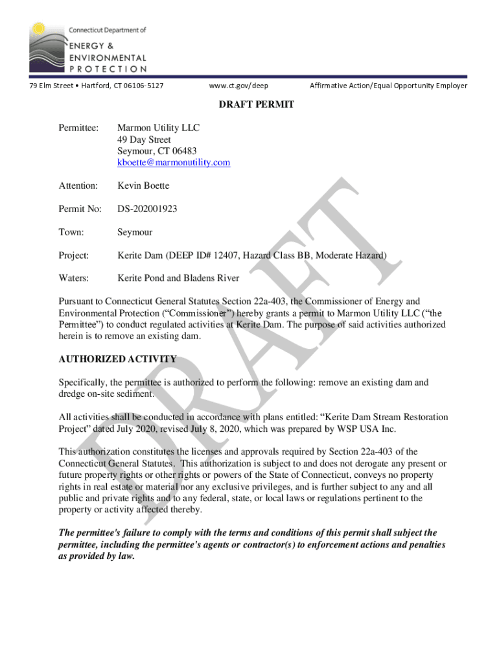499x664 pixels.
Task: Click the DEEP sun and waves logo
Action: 47,47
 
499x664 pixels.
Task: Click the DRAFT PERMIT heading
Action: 250,104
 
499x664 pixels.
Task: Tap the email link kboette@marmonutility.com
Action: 173,163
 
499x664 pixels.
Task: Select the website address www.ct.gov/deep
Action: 238,86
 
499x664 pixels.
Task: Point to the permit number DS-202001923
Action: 147,209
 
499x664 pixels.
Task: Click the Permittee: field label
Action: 78,128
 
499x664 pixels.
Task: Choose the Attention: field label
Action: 78,186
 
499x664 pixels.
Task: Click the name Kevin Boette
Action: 143,186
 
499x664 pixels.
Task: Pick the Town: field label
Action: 71,232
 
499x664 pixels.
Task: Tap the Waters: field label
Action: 74,278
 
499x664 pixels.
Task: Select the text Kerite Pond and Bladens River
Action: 178,278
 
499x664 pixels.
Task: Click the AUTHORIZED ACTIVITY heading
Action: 117,359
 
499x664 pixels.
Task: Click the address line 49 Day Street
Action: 144,139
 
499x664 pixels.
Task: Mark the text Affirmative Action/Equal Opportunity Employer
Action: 388,86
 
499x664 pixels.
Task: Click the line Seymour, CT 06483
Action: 157,151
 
